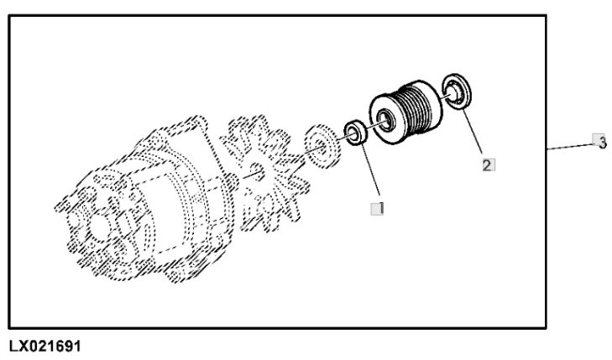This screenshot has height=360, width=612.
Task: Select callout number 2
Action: point(488,164)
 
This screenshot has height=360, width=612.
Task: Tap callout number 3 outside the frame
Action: point(599,142)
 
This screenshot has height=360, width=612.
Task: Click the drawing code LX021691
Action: point(49,346)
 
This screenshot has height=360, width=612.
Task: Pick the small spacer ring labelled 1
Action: point(357,133)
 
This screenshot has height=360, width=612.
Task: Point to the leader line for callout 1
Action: point(369,172)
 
